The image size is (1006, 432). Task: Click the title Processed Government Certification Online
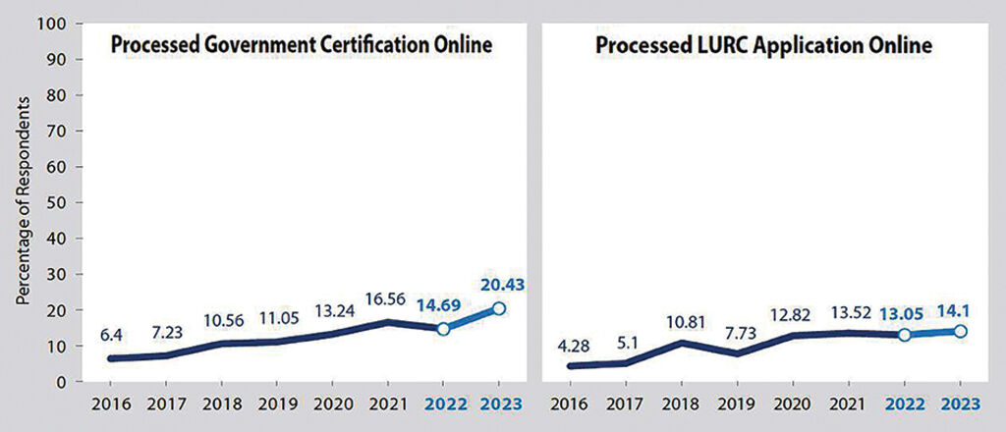(301, 46)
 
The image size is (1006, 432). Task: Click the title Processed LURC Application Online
(764, 46)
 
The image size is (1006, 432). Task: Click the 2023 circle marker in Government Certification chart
(498, 308)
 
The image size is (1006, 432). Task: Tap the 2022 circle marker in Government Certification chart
(443, 329)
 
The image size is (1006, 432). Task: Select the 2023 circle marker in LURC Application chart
(959, 331)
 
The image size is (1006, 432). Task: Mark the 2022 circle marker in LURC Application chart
(905, 335)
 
